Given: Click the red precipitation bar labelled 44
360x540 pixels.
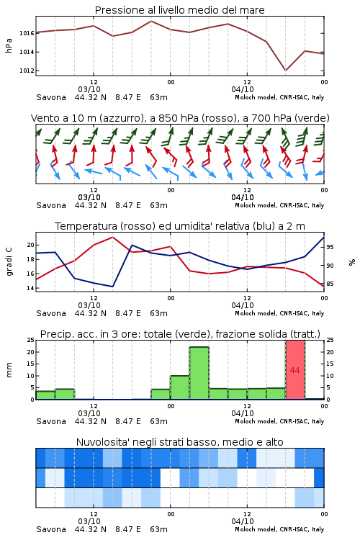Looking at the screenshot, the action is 295,370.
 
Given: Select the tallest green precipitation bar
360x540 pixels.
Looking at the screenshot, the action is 199,373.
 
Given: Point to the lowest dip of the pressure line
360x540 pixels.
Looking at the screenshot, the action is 285,71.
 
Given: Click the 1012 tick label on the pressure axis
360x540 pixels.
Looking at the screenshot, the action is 27,71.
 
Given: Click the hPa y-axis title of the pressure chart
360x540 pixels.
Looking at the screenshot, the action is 9,45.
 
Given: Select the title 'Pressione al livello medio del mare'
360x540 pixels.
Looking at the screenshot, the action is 180,10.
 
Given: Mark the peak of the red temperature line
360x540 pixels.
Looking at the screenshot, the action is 112,237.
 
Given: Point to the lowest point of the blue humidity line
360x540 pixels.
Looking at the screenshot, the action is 112,287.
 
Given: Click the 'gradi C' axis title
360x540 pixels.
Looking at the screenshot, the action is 9,261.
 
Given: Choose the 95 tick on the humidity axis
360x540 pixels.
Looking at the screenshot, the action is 330,247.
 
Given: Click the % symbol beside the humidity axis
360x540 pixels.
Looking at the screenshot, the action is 352,262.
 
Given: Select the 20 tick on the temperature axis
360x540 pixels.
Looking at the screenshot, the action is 31,246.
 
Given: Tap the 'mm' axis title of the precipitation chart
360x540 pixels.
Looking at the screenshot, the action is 9,370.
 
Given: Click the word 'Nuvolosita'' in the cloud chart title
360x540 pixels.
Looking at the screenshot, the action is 103,442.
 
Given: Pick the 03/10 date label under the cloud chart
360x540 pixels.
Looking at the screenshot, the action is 89,521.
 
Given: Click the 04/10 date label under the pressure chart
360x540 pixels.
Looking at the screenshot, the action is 243,89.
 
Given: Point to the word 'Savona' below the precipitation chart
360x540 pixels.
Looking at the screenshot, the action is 51,421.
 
